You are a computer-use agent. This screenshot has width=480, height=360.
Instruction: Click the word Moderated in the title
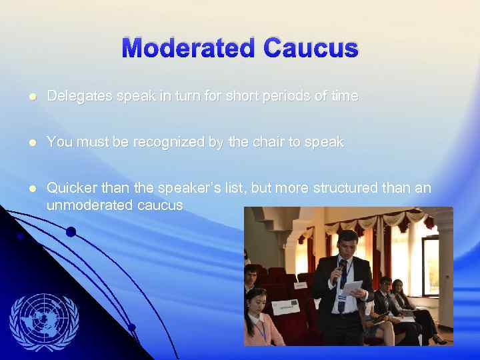pyautogui.click(x=189, y=48)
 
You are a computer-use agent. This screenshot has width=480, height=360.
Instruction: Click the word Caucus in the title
pyautogui.click(x=311, y=48)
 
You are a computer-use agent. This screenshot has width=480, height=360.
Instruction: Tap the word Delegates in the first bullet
pyautogui.click(x=79, y=96)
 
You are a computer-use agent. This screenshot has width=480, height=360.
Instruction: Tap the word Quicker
pyautogui.click(x=71, y=188)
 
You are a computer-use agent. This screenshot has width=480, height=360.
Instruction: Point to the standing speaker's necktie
pyautogui.click(x=342, y=293)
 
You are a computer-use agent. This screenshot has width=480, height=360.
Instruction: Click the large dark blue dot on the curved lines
pyautogui.click(x=70, y=232)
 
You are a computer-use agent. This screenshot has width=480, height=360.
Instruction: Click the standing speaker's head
pyautogui.click(x=347, y=244)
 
